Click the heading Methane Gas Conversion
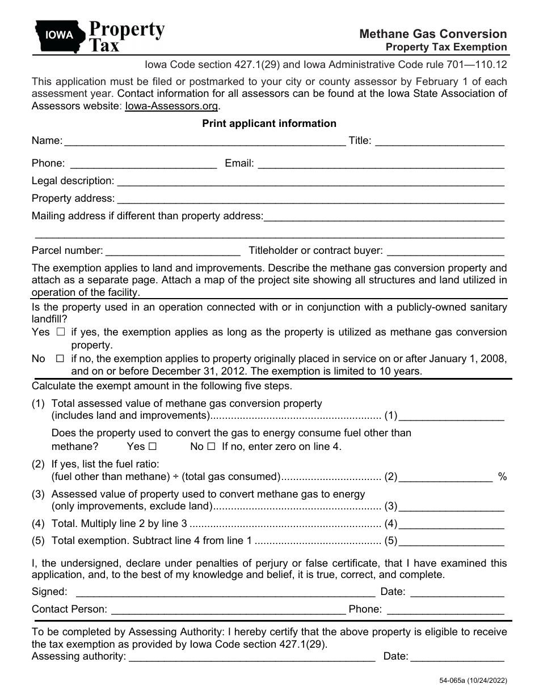click(x=433, y=34)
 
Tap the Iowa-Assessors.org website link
click(x=171, y=105)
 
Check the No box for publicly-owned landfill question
click(x=60, y=359)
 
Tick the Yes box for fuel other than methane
click(x=153, y=447)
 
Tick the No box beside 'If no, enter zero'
click(x=211, y=447)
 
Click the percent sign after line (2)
click(x=502, y=477)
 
